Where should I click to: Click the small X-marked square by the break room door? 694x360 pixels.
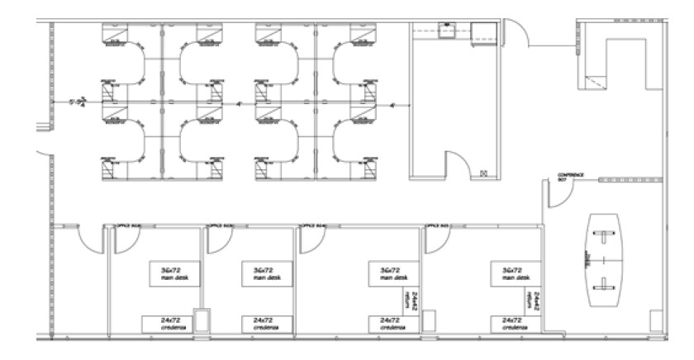[x=484, y=173]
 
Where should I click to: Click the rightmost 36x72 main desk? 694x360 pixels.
[x=511, y=273]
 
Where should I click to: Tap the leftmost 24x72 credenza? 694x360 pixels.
[x=165, y=323]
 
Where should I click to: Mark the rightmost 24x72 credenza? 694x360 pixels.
[x=511, y=323]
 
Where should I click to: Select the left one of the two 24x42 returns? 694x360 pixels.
[x=409, y=298]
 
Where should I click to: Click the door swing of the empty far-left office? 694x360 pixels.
[x=86, y=239]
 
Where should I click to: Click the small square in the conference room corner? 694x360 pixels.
[x=656, y=318]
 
